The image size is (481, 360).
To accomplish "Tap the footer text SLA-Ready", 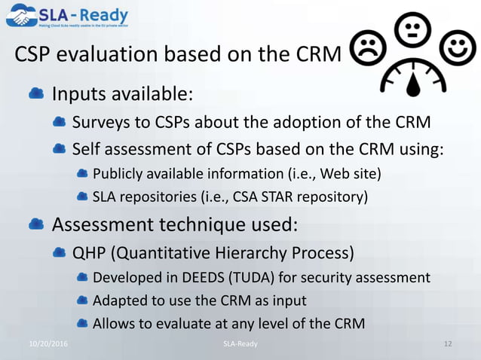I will point(240,343).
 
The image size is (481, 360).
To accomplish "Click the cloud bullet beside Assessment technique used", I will point(35,224).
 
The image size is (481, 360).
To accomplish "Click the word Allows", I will point(113,324).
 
